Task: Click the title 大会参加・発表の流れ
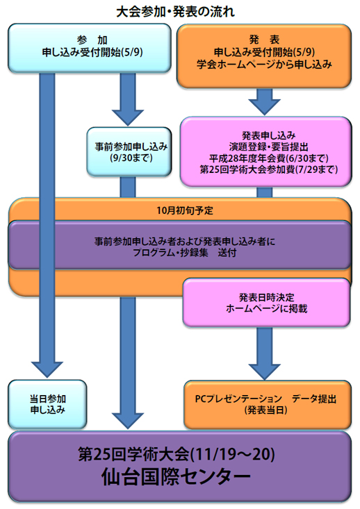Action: click(175, 12)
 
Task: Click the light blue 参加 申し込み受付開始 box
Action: click(90, 48)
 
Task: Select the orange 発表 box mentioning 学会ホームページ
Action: click(264, 56)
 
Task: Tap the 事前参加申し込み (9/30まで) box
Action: click(129, 151)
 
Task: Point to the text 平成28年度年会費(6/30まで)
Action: click(269, 158)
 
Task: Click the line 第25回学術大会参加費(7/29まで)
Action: click(269, 169)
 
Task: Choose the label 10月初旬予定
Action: click(185, 210)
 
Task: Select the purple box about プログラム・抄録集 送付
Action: click(180, 245)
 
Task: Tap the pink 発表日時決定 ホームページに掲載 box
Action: click(266, 303)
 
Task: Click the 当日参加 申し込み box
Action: click(47, 404)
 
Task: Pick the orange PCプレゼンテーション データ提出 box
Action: click(268, 404)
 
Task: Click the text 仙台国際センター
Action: click(176, 477)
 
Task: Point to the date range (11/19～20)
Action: click(232, 454)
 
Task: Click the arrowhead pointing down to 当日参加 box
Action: click(47, 369)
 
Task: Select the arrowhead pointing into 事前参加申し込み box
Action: click(128, 117)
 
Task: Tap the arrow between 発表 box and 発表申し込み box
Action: click(265, 101)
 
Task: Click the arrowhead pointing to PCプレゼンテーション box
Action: click(265, 372)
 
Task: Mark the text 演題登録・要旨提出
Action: click(269, 147)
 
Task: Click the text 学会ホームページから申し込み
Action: click(264, 65)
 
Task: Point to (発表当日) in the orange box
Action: click(266, 410)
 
